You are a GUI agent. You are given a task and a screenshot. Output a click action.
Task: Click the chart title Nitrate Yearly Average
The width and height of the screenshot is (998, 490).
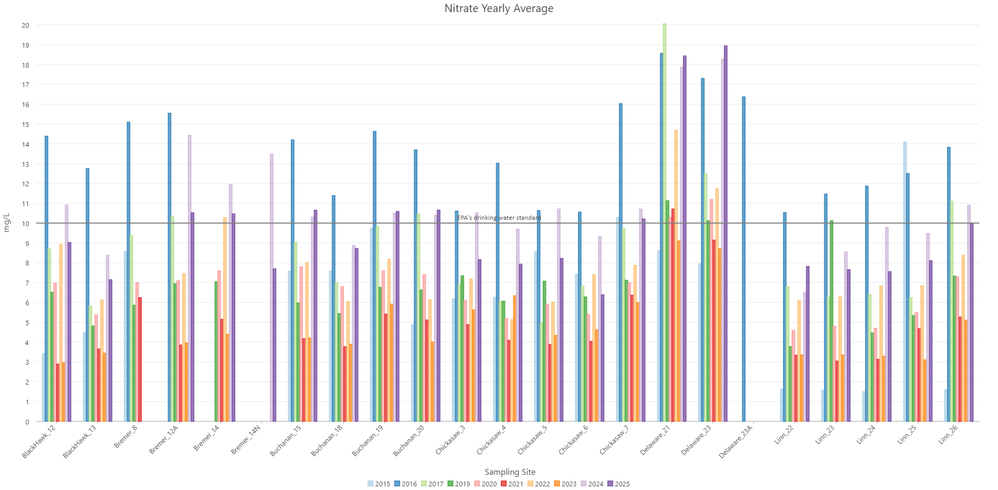[499, 8]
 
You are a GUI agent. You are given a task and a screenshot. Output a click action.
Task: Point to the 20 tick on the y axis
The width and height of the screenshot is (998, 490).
[25, 25]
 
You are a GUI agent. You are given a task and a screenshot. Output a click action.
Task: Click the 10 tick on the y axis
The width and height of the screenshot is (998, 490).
[25, 223]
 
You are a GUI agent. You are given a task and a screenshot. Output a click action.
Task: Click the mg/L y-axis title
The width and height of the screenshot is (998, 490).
[7, 222]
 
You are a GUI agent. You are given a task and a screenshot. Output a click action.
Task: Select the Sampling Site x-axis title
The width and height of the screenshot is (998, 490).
[510, 472]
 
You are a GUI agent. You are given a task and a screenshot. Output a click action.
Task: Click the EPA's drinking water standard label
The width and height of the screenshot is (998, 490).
[499, 218]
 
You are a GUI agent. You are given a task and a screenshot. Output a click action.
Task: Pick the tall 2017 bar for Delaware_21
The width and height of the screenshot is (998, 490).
[665, 220]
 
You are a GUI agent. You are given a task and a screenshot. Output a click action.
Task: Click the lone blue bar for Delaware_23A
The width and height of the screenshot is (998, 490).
[744, 257]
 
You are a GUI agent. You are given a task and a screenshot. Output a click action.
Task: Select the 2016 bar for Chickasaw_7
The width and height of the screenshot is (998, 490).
[621, 262]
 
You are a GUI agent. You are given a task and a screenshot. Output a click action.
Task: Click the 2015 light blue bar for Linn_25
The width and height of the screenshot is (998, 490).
[905, 283]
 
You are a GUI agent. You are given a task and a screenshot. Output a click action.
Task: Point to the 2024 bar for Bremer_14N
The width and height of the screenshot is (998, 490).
[271, 289]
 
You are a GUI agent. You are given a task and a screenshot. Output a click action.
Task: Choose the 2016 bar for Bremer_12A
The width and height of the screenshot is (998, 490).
[170, 268]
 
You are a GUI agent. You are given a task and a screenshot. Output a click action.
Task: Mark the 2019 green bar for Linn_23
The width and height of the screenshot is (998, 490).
[832, 320]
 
